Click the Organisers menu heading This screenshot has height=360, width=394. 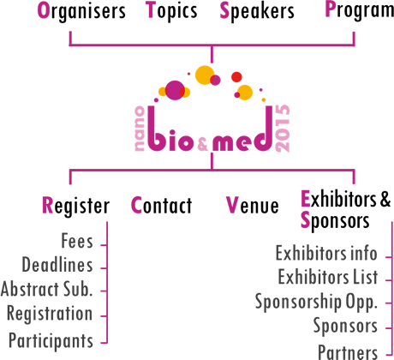tap(81, 11)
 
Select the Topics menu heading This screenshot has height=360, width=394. tap(171, 11)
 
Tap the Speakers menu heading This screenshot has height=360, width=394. tap(257, 11)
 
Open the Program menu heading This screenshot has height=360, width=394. tap(360, 11)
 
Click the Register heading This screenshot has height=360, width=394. tap(75, 206)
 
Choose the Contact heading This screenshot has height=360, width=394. tap(161, 205)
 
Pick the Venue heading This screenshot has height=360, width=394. tap(253, 205)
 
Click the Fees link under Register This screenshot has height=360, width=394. tap(77, 241)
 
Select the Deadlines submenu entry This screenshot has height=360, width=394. tap(57, 265)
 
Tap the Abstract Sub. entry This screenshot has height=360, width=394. tap(47, 289)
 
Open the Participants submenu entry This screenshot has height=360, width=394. tap(51, 340)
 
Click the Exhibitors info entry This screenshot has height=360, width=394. tap(326, 253)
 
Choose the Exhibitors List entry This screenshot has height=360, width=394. tap(328, 277)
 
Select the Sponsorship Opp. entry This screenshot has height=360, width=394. tap(316, 302)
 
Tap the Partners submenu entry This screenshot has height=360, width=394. tap(348, 352)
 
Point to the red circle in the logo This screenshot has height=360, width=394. tap(236, 77)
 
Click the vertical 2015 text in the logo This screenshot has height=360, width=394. tap(282, 129)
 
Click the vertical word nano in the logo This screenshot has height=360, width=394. tap(140, 129)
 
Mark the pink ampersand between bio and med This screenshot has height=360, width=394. tap(203, 143)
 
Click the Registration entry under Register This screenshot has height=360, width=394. tap(50, 314)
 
